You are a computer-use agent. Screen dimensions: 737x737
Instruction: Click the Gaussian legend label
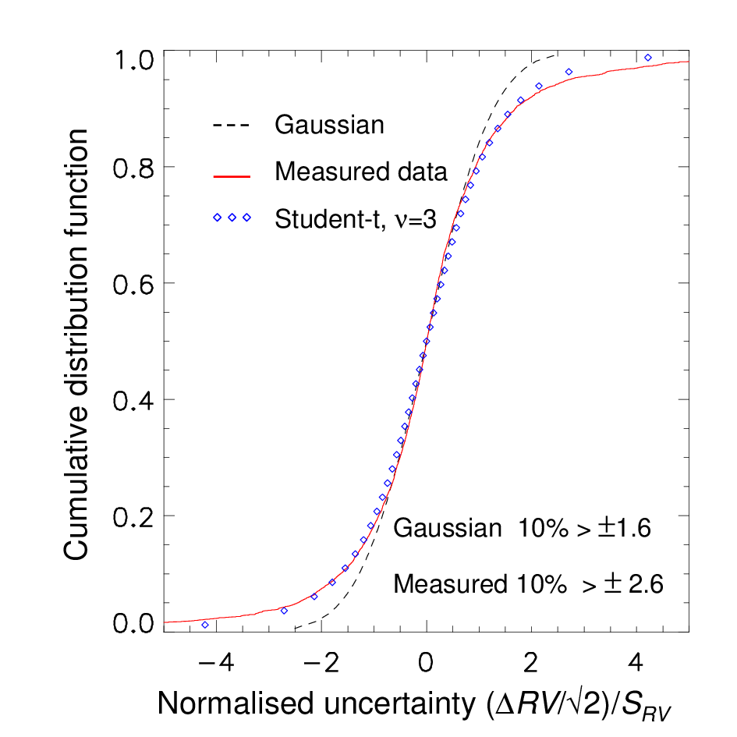coord(329,125)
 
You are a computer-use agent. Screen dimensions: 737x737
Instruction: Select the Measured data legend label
coord(361,172)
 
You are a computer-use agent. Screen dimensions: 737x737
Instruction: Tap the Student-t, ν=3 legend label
coord(356,219)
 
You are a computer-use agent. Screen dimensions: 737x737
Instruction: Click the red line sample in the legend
coord(232,177)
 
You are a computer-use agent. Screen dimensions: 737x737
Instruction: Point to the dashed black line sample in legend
coord(231,126)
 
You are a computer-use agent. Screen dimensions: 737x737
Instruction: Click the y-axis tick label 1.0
coord(134,60)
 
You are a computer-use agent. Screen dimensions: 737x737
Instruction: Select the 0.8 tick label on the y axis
coord(133,168)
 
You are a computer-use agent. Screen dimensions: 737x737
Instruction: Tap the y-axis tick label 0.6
coord(133,284)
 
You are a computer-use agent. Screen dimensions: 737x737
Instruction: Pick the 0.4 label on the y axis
coord(133,400)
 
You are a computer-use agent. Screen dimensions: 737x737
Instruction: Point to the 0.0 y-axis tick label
coord(133,623)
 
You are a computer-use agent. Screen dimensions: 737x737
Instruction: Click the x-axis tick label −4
coord(216,663)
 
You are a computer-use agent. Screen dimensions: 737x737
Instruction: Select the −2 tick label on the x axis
coord(321,663)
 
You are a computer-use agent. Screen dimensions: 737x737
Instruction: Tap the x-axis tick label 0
coord(426,663)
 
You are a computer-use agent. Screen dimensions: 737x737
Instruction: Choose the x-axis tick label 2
coord(530,663)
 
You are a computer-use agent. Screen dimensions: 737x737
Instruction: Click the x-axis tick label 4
coord(636,663)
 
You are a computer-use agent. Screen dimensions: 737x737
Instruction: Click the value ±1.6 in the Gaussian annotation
coord(625,528)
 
